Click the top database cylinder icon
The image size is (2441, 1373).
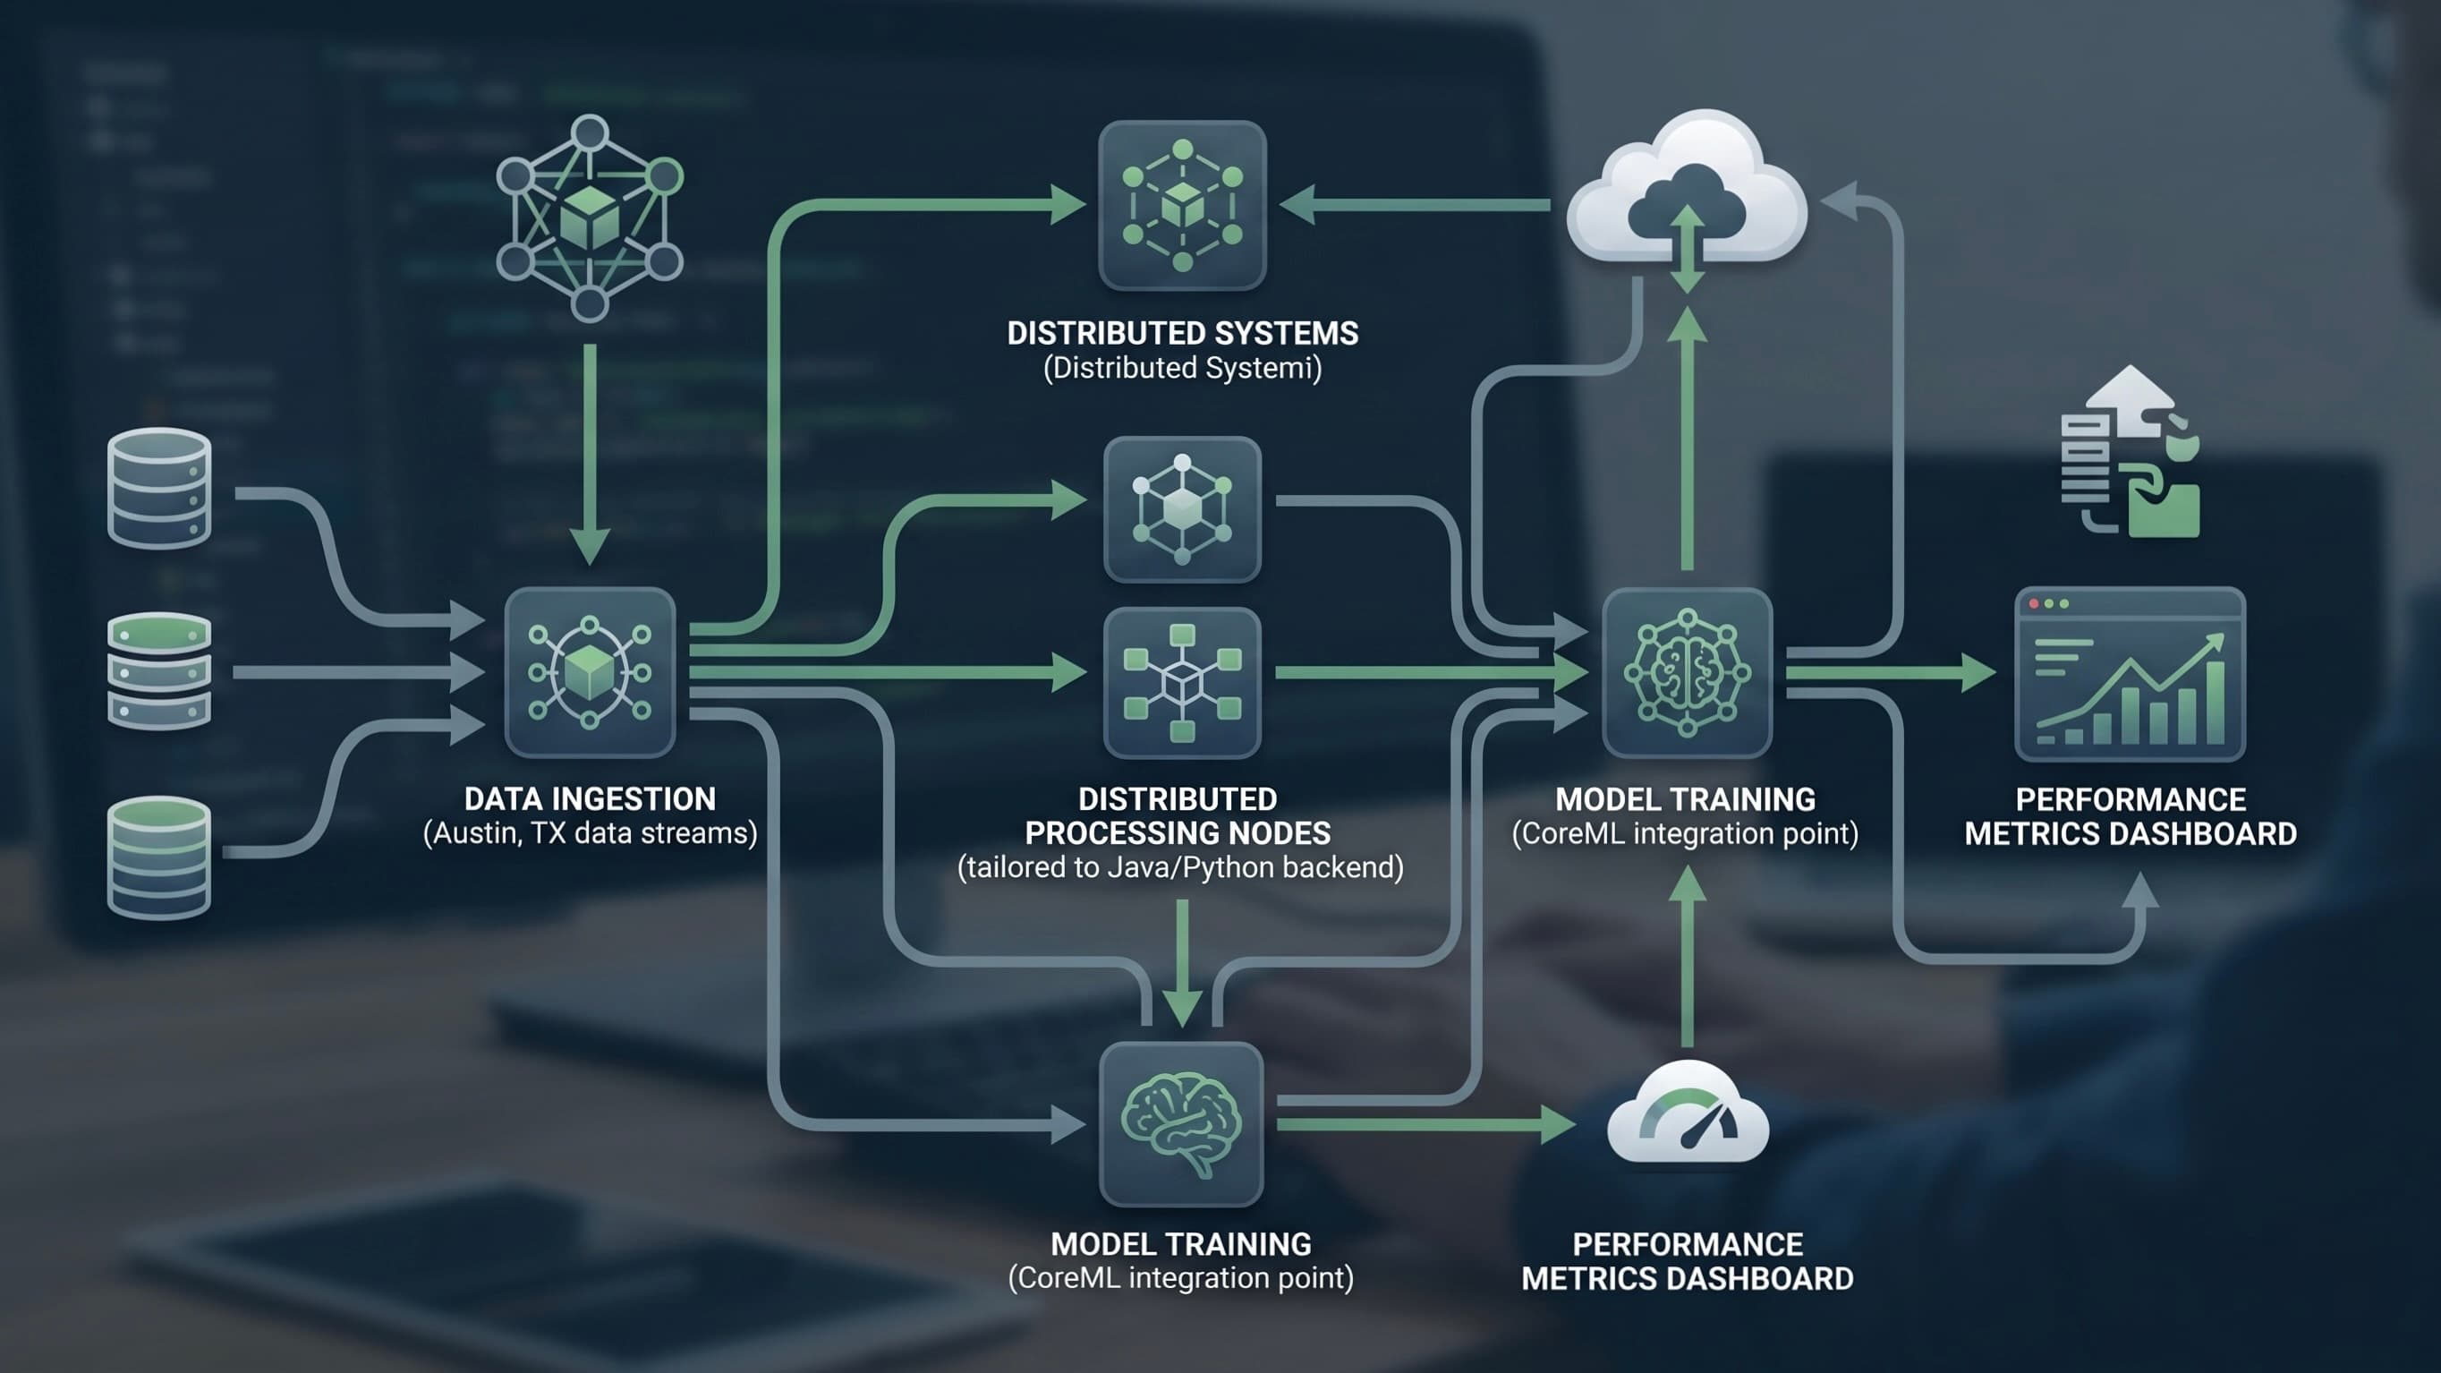click(x=159, y=488)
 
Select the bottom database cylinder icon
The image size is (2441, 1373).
click(x=159, y=857)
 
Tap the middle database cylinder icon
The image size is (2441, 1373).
click(x=159, y=672)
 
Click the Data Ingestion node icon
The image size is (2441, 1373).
click(x=590, y=672)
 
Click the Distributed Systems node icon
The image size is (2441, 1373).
click(x=1182, y=205)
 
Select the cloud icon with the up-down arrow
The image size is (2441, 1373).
click(x=1687, y=194)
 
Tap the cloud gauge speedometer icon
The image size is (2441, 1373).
click(x=1688, y=1113)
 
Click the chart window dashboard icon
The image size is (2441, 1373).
click(x=2130, y=674)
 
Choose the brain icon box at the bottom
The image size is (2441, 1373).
click(x=1182, y=1124)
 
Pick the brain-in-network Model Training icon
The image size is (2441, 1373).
click(x=1687, y=673)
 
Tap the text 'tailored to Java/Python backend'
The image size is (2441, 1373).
click(x=1181, y=867)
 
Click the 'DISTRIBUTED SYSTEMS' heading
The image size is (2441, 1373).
click(x=1183, y=333)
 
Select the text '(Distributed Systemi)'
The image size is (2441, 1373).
click(x=1183, y=368)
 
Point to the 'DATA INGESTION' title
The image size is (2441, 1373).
click(x=590, y=798)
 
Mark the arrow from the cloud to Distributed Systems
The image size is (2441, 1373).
click(x=1415, y=205)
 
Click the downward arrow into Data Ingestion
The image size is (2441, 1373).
click(x=590, y=455)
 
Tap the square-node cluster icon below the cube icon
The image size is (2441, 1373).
click(x=1182, y=682)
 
